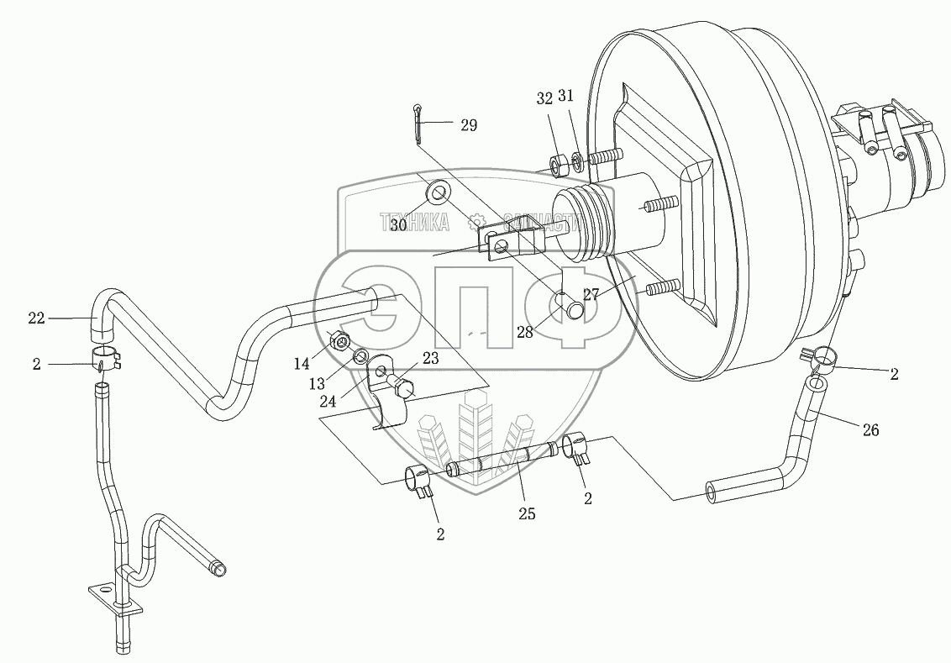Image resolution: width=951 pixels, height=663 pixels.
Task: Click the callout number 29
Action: (x=468, y=125)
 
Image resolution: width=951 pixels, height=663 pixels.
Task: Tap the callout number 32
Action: (x=544, y=98)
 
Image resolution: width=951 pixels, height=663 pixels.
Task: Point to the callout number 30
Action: (x=398, y=225)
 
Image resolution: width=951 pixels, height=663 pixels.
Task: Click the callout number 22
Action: (x=36, y=318)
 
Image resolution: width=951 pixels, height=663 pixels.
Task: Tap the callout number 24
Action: (x=328, y=401)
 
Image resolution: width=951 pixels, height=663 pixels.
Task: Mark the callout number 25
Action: (x=528, y=513)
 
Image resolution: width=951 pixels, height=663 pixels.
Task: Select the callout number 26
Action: (x=870, y=429)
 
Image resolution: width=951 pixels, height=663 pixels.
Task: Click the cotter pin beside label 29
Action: (x=420, y=124)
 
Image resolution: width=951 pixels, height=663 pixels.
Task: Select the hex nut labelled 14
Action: (x=340, y=341)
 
